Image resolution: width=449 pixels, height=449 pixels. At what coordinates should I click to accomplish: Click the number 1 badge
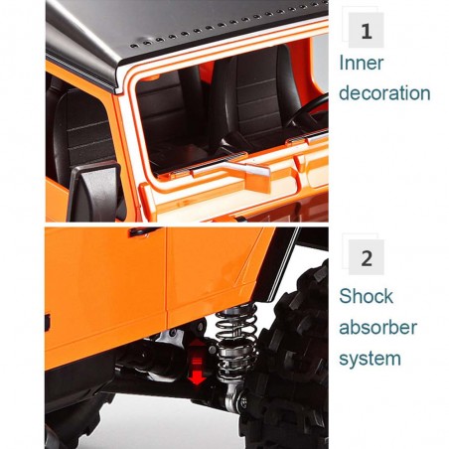366,30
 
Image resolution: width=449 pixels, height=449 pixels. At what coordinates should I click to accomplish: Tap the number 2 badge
367,257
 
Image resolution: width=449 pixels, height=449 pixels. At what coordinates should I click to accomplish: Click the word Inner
362,63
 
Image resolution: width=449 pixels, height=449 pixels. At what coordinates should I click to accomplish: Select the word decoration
384,92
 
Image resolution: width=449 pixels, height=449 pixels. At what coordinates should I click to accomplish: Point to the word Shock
366,296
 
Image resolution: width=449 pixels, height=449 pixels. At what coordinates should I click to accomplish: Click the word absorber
377,327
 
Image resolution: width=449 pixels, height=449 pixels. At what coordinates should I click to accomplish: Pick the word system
370,359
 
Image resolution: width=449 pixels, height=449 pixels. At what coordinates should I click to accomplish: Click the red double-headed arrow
198,362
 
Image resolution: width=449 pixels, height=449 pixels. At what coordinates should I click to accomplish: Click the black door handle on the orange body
144,231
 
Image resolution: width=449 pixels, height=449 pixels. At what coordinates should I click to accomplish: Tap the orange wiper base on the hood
257,182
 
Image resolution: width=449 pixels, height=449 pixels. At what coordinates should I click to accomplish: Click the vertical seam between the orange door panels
167,277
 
